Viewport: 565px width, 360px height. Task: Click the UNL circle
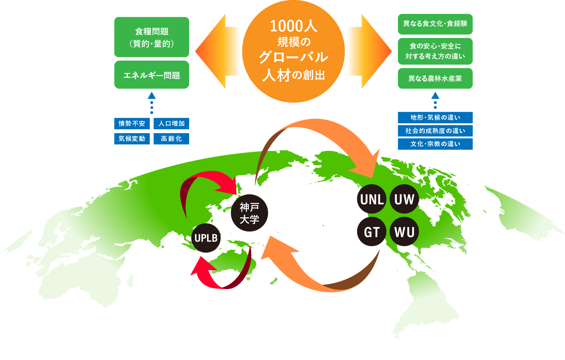372,199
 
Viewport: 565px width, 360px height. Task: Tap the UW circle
404,199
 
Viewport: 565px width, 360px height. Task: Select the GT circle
372,231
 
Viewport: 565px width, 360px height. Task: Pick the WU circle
404,231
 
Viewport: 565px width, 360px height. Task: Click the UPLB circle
206,238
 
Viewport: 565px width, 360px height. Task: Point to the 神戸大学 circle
249,213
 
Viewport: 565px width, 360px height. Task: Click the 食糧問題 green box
151,37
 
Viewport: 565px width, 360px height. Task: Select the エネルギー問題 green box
151,75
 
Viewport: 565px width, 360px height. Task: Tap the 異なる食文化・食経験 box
435,24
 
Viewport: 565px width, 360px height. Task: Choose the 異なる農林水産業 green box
435,78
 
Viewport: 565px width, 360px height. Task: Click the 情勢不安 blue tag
132,123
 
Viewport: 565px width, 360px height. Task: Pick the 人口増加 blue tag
171,123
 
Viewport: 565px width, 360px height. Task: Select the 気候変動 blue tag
132,138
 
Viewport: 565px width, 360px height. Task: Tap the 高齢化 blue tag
171,138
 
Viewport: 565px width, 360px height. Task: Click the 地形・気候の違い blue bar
435,117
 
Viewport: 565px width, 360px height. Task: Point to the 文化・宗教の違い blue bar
435,144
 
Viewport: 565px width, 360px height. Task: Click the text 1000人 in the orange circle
293,26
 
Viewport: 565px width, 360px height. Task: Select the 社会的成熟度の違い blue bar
435,131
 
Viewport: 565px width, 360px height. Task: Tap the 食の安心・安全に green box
435,51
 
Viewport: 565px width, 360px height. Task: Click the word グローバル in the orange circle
293,57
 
